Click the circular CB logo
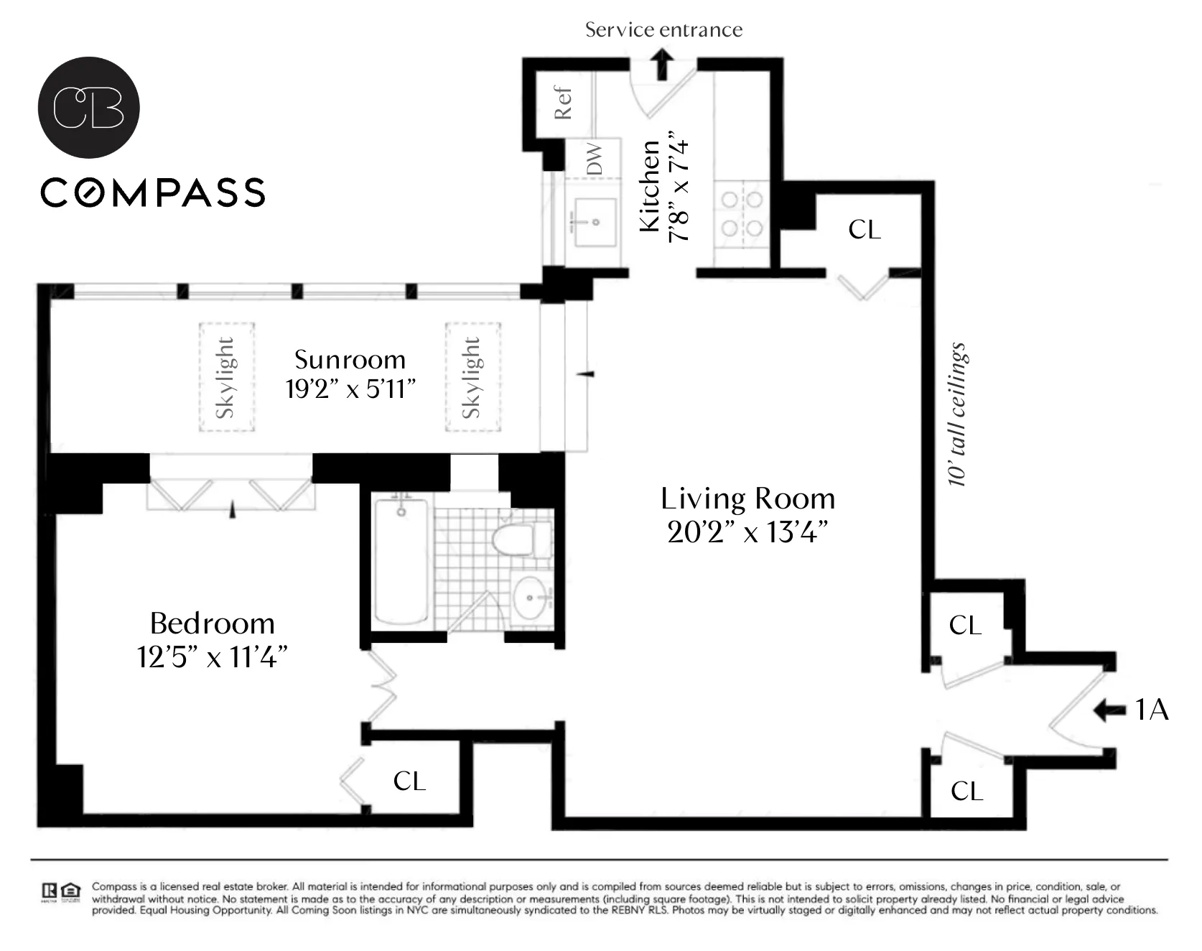pyautogui.click(x=88, y=107)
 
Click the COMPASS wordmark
pyautogui.click(x=153, y=192)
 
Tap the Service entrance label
pyautogui.click(x=663, y=29)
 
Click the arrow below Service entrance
pyautogui.click(x=663, y=65)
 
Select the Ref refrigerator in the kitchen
pyautogui.click(x=563, y=103)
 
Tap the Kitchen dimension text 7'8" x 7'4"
pyautogui.click(x=679, y=187)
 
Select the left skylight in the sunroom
pyautogui.click(x=227, y=377)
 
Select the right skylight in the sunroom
pyautogui.click(x=472, y=377)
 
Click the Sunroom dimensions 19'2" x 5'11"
pyautogui.click(x=350, y=389)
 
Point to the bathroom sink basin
pyautogui.click(x=531, y=598)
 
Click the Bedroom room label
pyautogui.click(x=213, y=623)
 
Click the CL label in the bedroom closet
pyautogui.click(x=409, y=781)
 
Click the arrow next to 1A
pyautogui.click(x=1110, y=710)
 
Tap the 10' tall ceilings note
pyautogui.click(x=958, y=414)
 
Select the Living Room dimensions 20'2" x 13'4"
pyautogui.click(x=747, y=532)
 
